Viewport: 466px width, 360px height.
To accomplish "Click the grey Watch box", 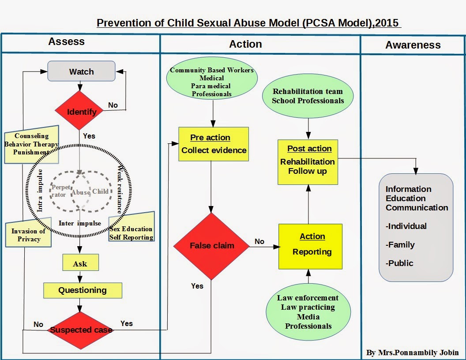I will click(81, 71).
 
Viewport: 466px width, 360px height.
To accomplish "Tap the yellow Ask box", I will click(80, 263).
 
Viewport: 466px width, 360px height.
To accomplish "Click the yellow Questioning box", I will click(83, 290).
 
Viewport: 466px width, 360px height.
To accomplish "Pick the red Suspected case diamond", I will click(80, 330).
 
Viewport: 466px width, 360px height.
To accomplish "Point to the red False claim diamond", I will click(212, 246).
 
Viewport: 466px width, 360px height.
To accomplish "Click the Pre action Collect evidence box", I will click(214, 144).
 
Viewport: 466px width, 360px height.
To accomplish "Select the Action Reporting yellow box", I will click(310, 246).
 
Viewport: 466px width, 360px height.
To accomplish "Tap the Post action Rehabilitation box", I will click(308, 161).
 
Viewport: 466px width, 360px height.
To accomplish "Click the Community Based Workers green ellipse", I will click(212, 82).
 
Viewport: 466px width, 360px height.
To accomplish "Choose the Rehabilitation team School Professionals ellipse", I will click(308, 96).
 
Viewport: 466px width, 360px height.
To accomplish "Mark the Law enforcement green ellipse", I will click(308, 312).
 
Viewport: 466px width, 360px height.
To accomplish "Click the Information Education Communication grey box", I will click(416, 227).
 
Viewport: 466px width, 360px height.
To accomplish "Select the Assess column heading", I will click(66, 42).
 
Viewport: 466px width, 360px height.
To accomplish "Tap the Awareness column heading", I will click(413, 45).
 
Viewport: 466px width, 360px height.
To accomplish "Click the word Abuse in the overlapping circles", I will click(81, 192).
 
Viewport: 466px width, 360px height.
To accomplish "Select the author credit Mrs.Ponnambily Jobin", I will click(413, 352).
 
